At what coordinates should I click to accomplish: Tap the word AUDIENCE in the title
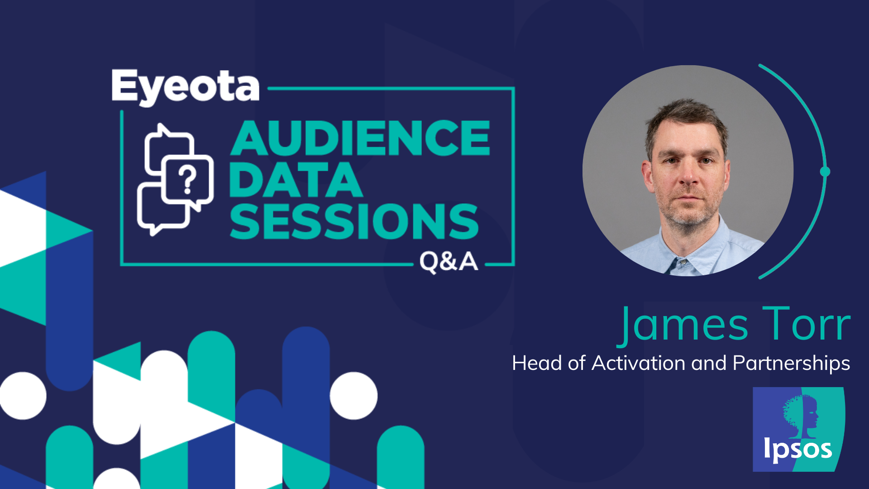[x=360, y=138]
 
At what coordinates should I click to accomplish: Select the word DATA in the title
[x=296, y=180]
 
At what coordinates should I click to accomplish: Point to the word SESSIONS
[x=354, y=221]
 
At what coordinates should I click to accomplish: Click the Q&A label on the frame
[x=449, y=262]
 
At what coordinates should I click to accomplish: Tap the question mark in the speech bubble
[x=187, y=180]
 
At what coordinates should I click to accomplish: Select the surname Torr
[x=807, y=324]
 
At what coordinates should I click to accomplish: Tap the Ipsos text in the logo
[x=797, y=449]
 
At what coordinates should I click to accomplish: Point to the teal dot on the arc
[x=825, y=172]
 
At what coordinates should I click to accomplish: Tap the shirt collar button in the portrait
[x=683, y=262]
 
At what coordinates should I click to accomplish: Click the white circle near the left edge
[x=23, y=396]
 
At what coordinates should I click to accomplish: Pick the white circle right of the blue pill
[x=353, y=396]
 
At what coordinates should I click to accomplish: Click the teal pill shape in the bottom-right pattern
[x=401, y=457]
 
